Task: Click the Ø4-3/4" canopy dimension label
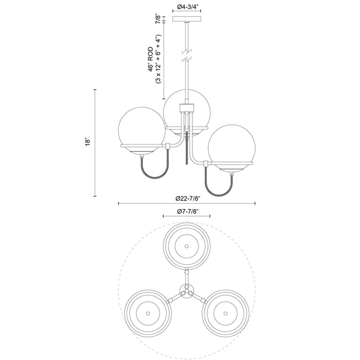click(186, 7)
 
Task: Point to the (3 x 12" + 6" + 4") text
click(159, 57)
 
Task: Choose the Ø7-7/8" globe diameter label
click(186, 212)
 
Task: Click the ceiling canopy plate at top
click(186, 20)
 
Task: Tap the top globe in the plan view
click(186, 246)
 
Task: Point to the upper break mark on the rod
click(186, 51)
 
